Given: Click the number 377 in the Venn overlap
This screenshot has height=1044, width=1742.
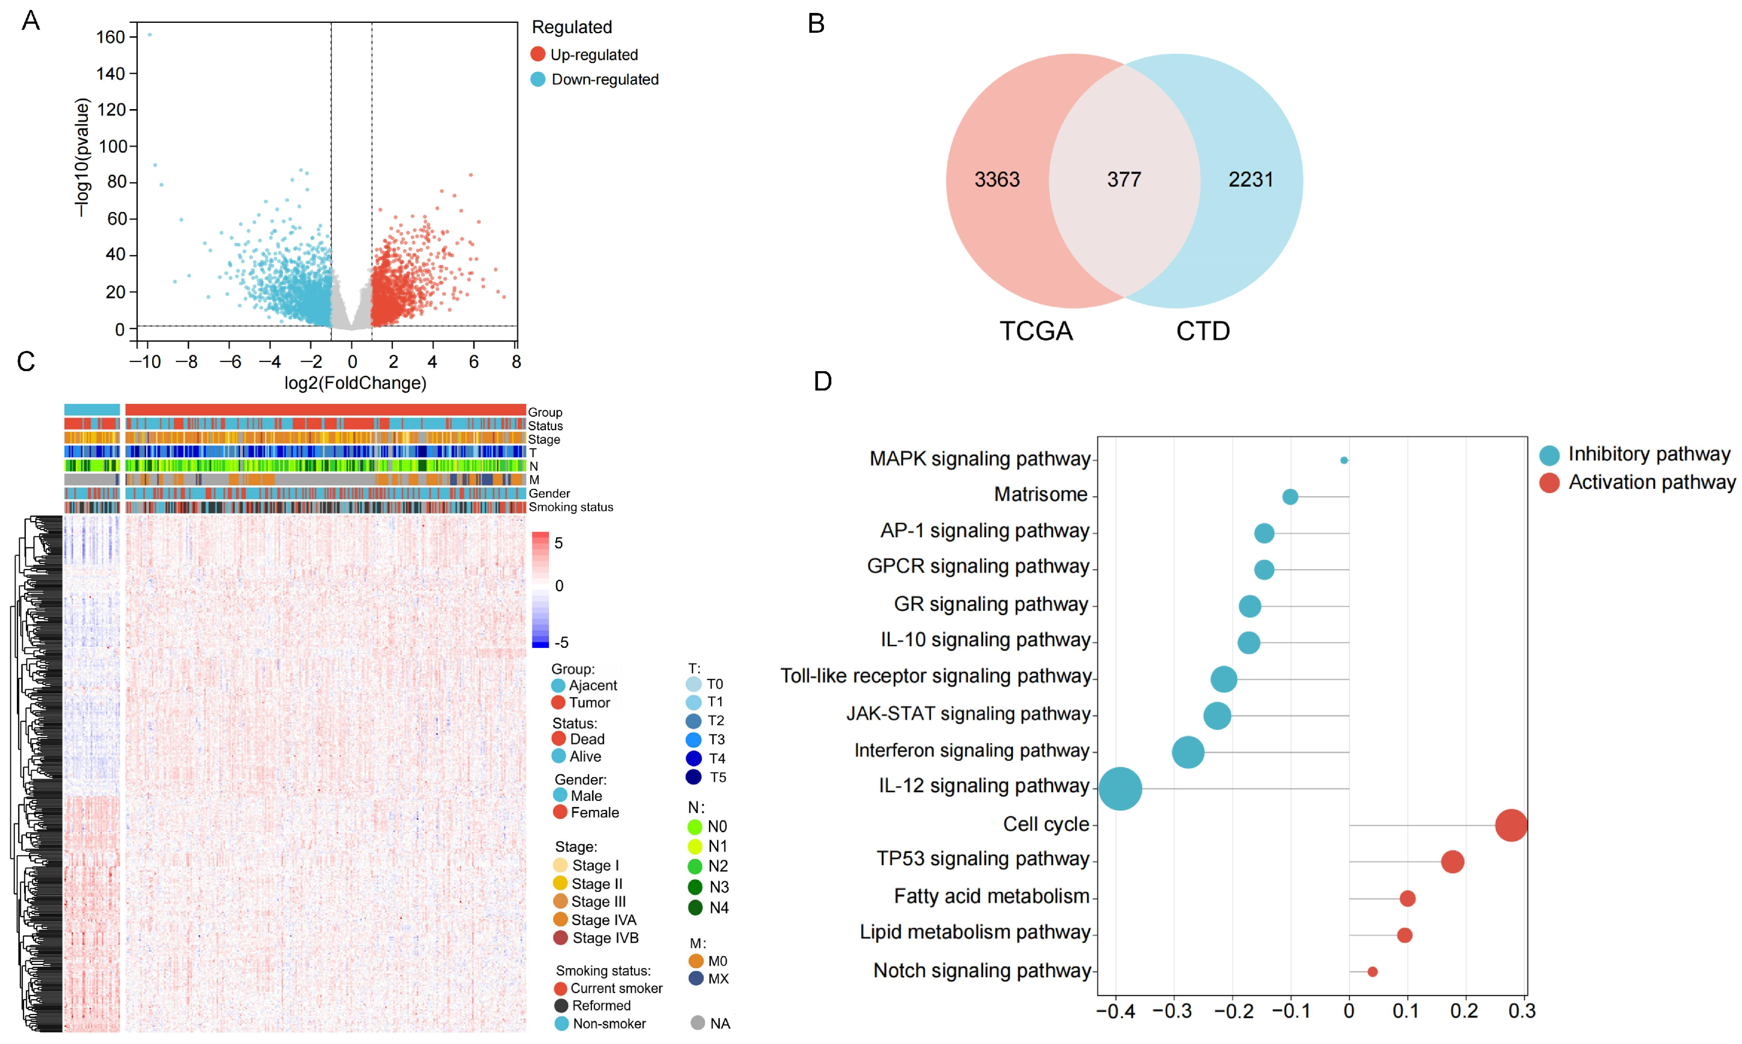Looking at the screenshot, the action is coord(1124,179).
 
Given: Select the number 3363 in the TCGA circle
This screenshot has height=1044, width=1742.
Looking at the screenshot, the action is coord(997,179).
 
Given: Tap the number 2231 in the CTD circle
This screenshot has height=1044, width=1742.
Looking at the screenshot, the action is coord(1251,179).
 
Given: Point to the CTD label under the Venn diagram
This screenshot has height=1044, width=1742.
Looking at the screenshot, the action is coord(1203,331).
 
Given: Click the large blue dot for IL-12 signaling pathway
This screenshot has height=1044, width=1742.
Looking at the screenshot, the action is coord(1120,789).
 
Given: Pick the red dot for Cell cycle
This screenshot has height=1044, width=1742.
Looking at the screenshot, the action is coord(1510,825).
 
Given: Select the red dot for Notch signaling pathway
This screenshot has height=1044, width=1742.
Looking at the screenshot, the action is coord(1372,972).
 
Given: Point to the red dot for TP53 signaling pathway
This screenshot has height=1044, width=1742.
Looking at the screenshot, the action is coord(1452,862).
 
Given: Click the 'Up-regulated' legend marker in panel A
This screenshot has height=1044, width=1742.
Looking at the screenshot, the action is coord(538,54).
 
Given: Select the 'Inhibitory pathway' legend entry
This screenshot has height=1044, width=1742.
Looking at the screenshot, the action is coord(1636,454).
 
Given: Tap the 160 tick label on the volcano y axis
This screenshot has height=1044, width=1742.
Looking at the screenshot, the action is coord(110,37).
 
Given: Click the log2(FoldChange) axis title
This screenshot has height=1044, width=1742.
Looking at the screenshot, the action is coord(355,383).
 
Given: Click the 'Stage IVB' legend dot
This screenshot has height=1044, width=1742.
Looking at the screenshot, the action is coord(561,938).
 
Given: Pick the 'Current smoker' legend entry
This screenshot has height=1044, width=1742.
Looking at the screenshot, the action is coord(608,988).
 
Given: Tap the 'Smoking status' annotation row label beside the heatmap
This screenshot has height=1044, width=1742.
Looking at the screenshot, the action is coord(570,507).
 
